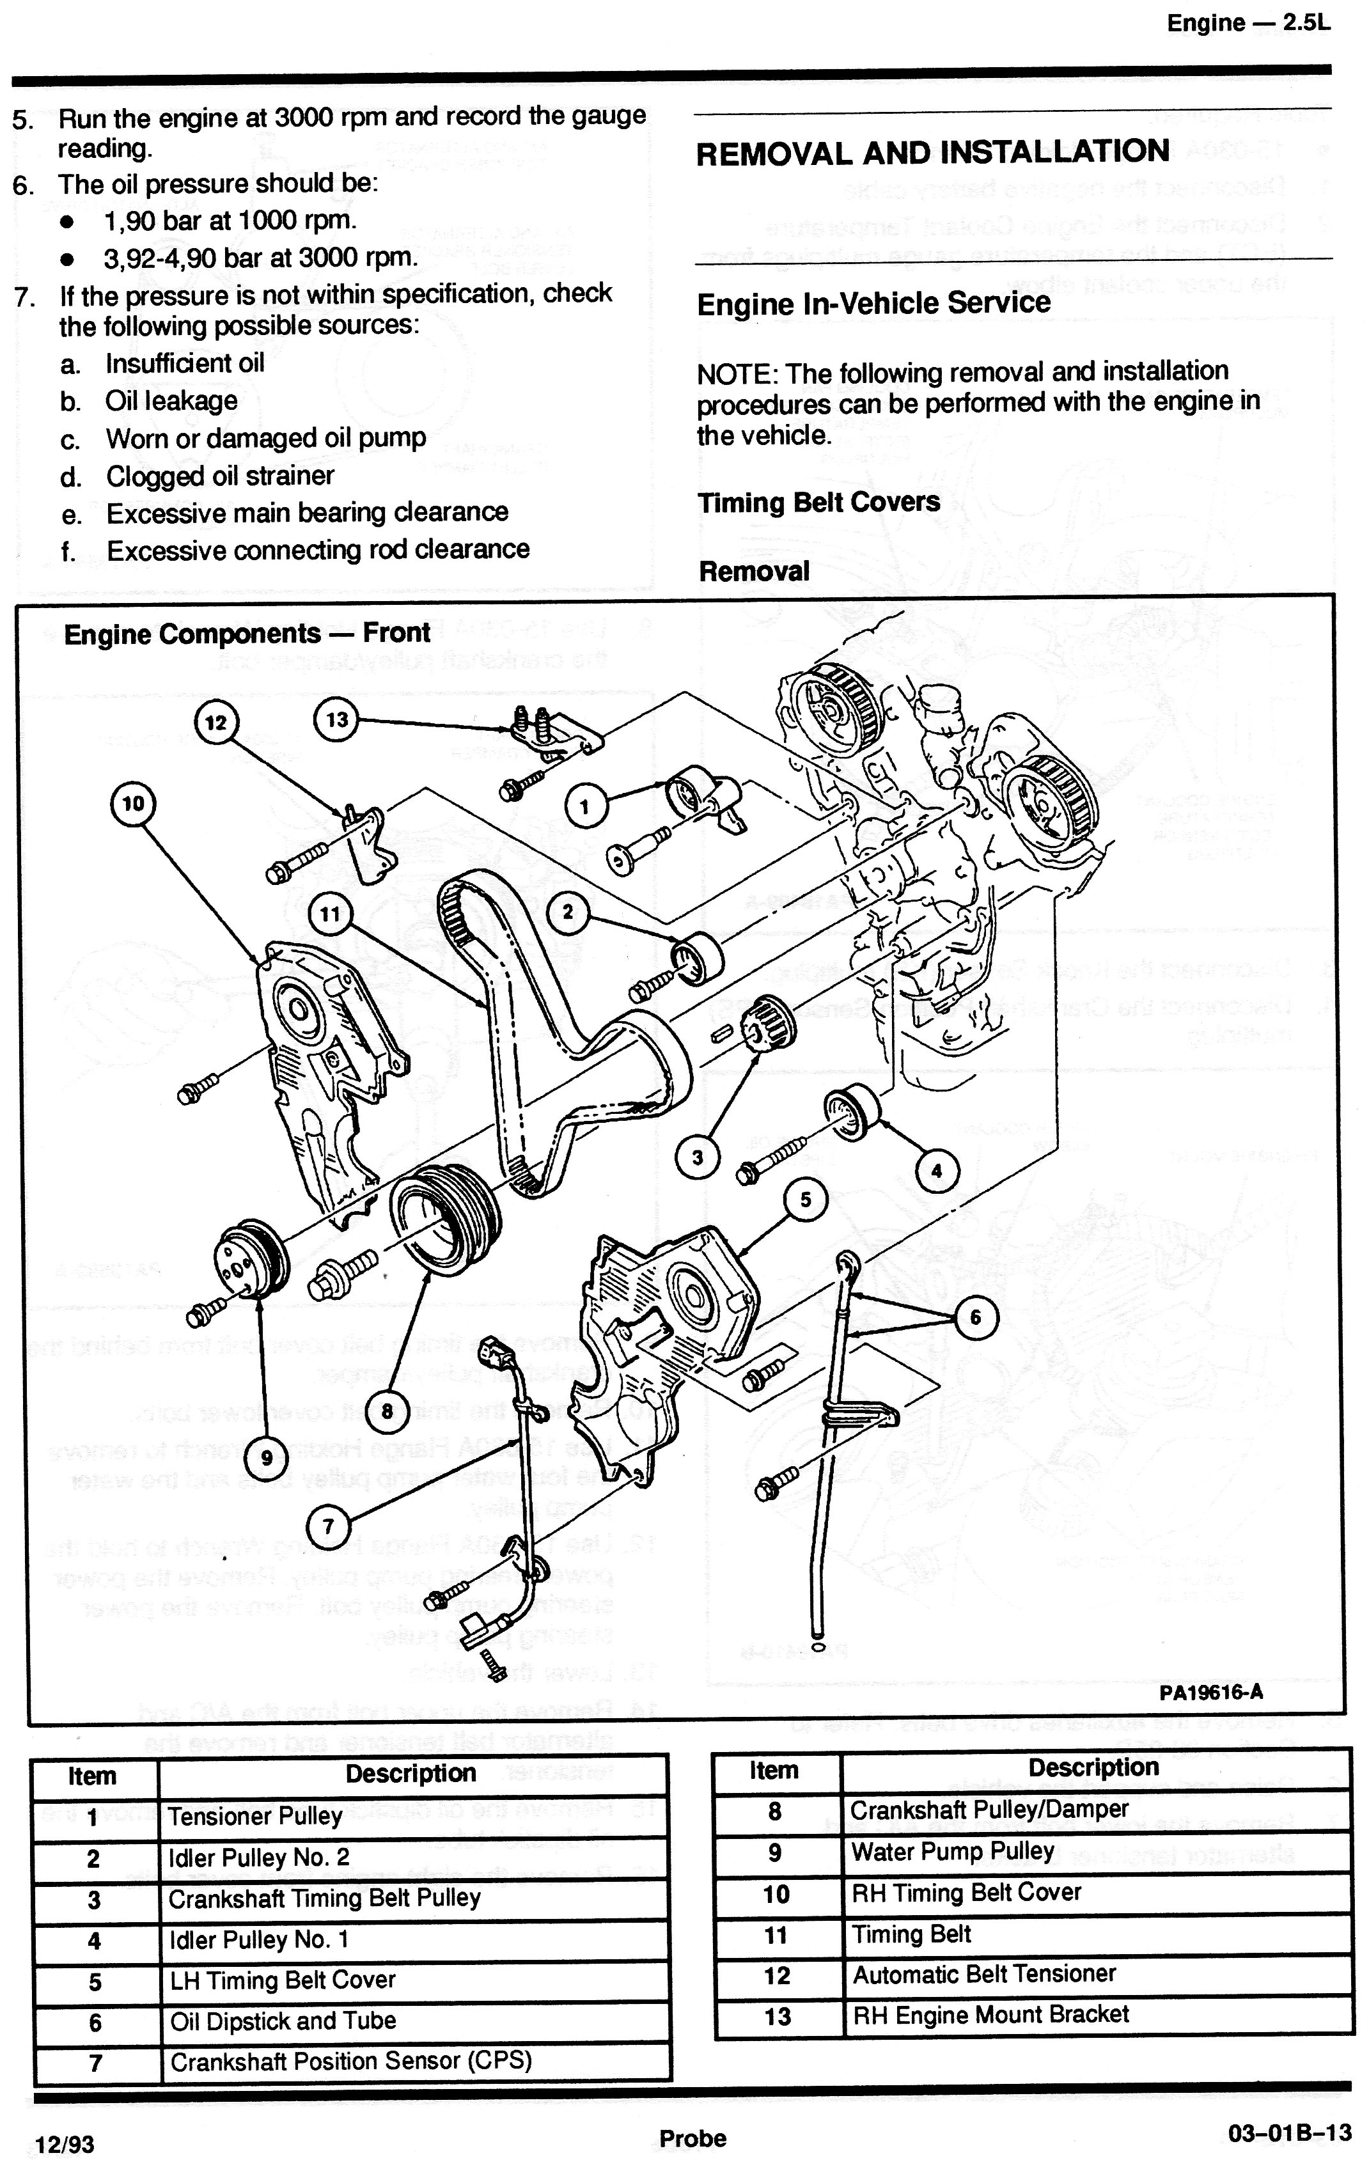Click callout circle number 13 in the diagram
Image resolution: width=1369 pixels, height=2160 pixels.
336,719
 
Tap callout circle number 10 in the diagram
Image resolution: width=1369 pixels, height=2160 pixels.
133,804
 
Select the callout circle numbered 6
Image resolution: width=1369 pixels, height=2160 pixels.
975,1318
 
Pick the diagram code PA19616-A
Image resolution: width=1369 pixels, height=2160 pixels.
1210,1693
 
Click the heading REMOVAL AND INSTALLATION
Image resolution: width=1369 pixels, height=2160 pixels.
932,152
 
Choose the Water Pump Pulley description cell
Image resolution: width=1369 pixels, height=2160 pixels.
952,1851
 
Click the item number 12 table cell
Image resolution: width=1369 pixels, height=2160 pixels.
777,1975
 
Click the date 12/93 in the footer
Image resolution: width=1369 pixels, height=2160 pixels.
64,2144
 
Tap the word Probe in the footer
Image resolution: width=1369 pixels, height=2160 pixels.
692,2138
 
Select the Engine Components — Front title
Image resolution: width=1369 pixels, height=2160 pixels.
247,633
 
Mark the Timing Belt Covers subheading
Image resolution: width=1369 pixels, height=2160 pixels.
818,503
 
